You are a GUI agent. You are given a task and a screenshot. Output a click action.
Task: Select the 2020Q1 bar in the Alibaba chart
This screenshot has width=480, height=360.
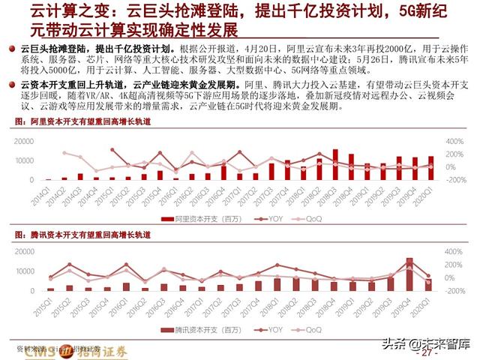(x=431, y=168)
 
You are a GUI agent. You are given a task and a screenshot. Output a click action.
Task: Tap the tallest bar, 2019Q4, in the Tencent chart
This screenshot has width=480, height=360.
(x=409, y=274)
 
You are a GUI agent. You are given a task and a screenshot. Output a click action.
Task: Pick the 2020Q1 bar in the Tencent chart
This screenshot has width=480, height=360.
(x=428, y=284)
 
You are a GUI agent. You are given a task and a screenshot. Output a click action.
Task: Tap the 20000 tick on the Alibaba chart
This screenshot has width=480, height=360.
(x=25, y=140)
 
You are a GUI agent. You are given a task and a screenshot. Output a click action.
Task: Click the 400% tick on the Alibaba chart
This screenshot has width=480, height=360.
(x=457, y=140)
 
